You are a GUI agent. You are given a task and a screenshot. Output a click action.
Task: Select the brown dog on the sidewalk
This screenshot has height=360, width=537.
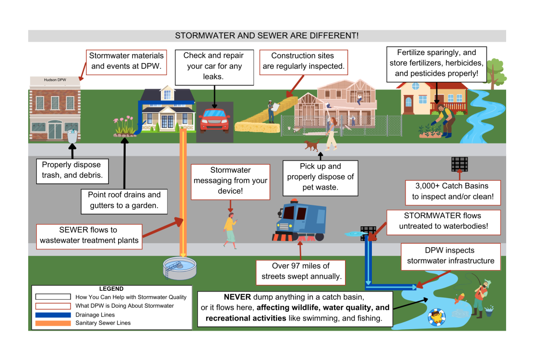[311, 145]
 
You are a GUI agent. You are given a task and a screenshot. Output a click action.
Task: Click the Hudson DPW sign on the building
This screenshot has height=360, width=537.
[55, 80]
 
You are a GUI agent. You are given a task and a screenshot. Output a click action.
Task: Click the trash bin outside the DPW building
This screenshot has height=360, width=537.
[72, 136]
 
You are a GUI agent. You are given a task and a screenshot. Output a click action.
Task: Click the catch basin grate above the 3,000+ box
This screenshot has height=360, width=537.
[459, 164]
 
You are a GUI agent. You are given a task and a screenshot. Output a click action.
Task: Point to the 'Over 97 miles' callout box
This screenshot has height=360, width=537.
[300, 271]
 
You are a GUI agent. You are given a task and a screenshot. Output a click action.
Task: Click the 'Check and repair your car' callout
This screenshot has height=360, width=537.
[214, 67]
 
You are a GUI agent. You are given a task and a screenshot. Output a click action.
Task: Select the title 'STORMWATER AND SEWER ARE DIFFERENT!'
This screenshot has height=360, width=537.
[267, 36]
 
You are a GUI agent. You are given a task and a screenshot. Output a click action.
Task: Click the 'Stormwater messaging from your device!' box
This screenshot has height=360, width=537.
[230, 181]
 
